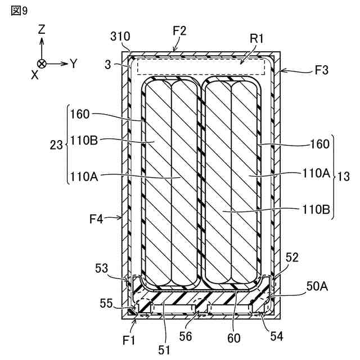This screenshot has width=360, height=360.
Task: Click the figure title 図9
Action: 19,11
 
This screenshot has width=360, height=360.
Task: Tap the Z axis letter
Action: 42,30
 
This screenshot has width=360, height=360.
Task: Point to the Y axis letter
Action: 73,64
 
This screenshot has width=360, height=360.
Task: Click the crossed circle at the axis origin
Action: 42,64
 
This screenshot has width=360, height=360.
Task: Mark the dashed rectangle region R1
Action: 200,66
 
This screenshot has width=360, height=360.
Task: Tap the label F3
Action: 322,71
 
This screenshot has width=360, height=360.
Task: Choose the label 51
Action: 164,349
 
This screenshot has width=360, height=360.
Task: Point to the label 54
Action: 277,336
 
